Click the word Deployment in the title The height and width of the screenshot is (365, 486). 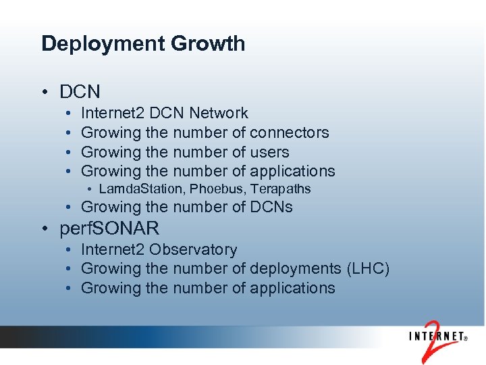coord(97,45)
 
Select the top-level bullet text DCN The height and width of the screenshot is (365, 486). coord(80,91)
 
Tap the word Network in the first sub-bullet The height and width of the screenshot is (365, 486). coord(219,113)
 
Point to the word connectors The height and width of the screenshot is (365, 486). coord(289,132)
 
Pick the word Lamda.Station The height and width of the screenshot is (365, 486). coord(144,189)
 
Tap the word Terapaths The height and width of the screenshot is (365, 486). coord(282,189)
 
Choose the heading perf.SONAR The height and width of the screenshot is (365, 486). coord(109,229)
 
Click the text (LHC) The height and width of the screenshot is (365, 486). coord(368,268)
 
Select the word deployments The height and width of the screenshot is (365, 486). coord(295,268)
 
